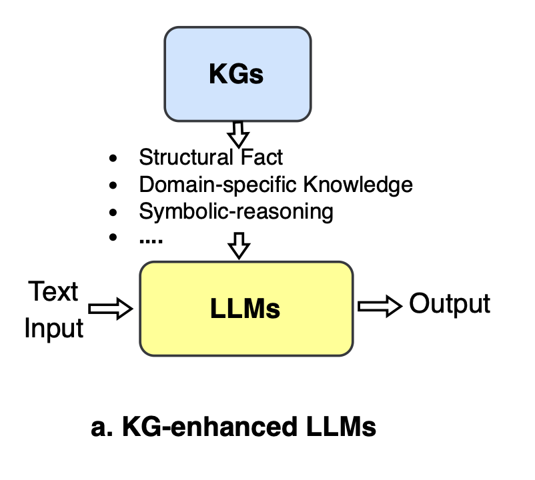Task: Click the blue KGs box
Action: coord(237,74)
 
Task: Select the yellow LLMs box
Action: coord(246,308)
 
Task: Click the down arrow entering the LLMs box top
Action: coord(238,247)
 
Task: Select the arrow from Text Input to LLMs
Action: coord(111,308)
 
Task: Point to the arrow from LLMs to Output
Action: coord(380,306)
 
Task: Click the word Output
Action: coord(450,304)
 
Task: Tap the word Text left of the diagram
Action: coord(53,292)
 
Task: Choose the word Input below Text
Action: coord(54,329)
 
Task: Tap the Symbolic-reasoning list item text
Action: coord(235,211)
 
